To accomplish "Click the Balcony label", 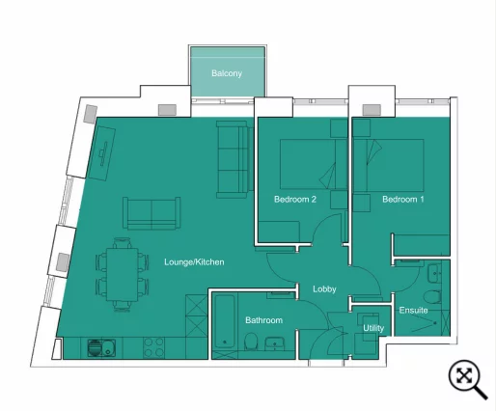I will (227, 73).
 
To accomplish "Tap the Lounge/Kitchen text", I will (194, 261).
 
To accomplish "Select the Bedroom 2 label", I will (295, 200).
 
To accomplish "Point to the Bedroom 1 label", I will (402, 200).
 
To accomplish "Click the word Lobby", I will (324, 289).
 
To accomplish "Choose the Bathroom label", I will (263, 320).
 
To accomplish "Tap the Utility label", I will (373, 328).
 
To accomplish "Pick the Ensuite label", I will (414, 310).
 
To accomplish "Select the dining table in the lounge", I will (123, 274).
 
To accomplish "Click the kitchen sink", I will (99, 346).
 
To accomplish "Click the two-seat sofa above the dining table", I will (151, 212).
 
